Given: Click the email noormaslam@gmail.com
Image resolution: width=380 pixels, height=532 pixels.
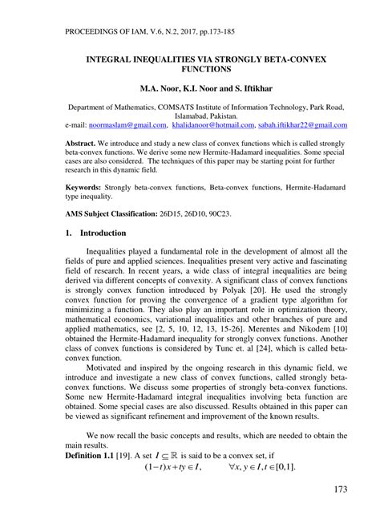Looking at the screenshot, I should coord(129,126).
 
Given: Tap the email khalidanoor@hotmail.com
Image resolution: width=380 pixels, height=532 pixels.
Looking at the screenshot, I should coord(211,126).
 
